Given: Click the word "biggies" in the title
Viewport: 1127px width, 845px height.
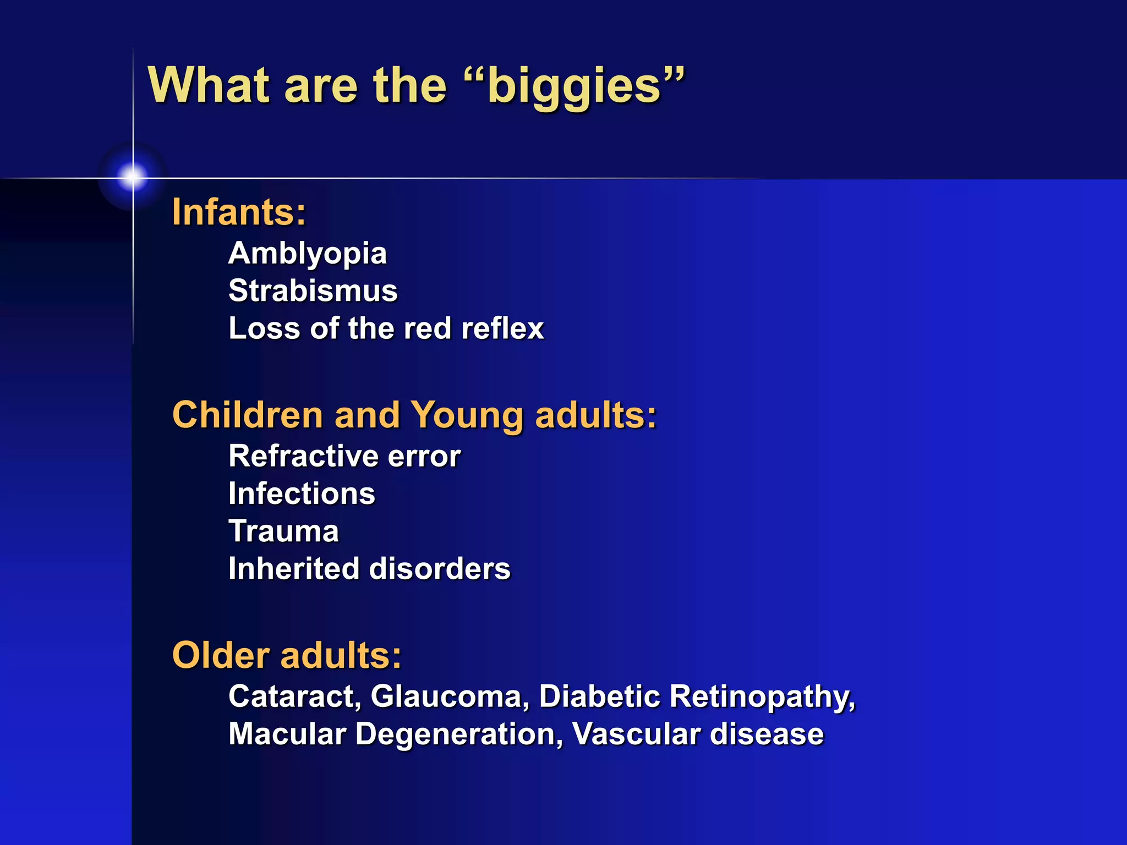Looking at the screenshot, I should point(574,86).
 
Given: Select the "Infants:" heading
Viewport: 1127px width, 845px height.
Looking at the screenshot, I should point(239,212).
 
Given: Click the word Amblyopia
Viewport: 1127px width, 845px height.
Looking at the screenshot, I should point(308,254).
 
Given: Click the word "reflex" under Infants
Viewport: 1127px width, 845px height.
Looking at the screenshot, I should point(502,328).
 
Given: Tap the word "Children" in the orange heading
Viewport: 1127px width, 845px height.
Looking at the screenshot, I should point(248,415).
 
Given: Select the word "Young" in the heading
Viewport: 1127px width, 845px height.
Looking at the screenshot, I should point(467,416).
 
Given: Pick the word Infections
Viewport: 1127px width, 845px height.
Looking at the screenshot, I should point(302,493).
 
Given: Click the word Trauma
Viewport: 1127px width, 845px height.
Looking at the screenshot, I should point(283,531).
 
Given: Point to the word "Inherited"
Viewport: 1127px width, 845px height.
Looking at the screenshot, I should point(294,569).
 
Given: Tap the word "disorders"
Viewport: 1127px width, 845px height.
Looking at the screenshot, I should point(440,569).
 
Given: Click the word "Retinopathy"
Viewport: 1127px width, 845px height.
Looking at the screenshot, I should point(762,696).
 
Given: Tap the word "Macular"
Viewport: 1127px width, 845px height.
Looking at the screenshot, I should point(287,734).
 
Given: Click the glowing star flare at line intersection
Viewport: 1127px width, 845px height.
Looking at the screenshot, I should point(133,177).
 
